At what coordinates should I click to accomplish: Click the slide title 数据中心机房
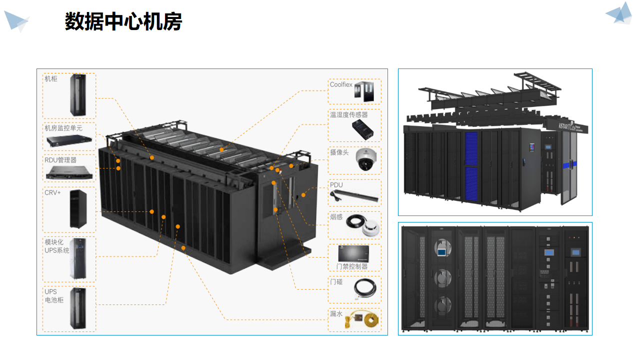(x=123, y=22)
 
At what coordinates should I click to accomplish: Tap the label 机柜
(x=51, y=79)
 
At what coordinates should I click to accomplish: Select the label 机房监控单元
(x=63, y=128)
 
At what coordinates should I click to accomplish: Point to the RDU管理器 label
(x=60, y=160)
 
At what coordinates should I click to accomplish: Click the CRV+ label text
(x=52, y=192)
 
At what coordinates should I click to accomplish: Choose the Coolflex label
(x=341, y=85)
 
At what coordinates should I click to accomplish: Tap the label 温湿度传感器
(x=348, y=115)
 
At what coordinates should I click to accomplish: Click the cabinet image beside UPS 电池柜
(x=78, y=308)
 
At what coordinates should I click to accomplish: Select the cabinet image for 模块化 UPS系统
(x=78, y=258)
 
